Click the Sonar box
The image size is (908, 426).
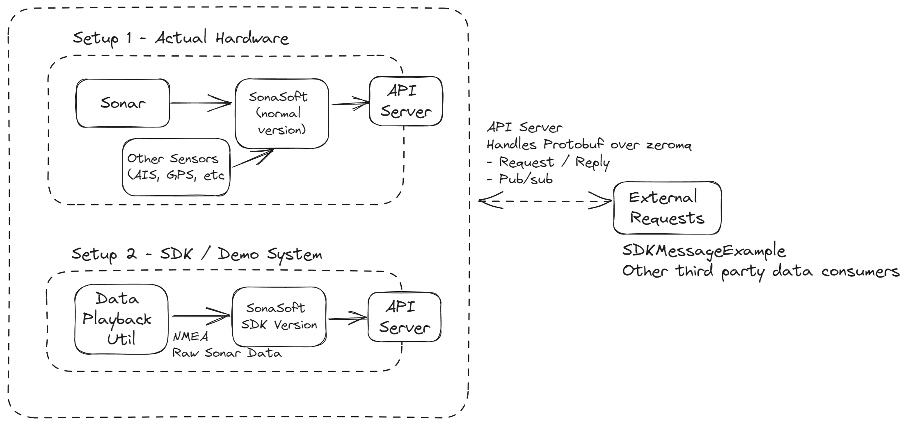tap(123, 103)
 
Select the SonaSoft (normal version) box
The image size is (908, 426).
tap(281, 114)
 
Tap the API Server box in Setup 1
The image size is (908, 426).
tap(405, 101)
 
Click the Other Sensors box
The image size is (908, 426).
tap(176, 167)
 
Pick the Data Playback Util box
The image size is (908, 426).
tap(121, 319)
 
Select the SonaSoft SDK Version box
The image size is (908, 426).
tap(279, 317)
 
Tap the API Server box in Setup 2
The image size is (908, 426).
tap(404, 317)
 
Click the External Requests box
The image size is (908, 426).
tap(667, 208)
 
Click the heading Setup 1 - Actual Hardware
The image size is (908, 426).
tap(181, 38)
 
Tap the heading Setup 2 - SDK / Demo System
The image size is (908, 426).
tap(197, 254)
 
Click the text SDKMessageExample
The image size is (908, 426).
tap(703, 251)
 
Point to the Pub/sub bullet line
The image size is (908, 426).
tap(519, 179)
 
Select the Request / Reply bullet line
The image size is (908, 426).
tap(548, 162)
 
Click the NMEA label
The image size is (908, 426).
tap(190, 337)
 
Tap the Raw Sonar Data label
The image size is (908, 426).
tap(227, 353)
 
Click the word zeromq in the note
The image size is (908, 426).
tap(668, 145)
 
